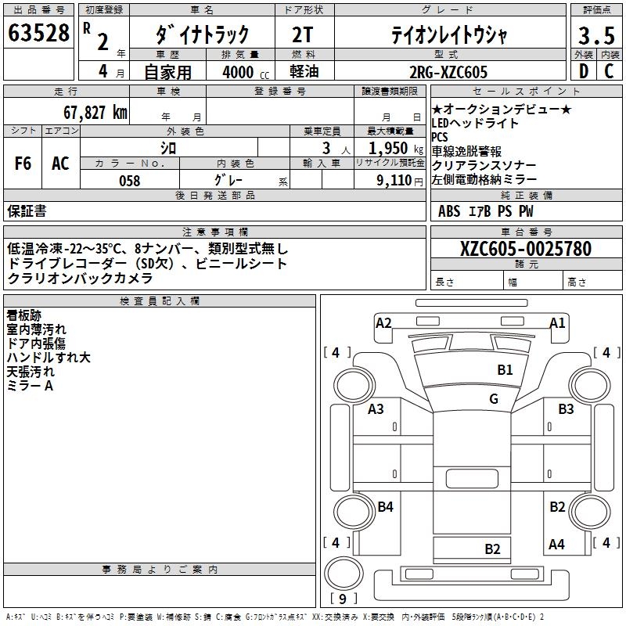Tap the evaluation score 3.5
595,36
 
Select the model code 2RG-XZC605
449,72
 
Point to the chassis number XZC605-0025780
525,249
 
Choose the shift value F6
23,164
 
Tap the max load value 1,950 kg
390,148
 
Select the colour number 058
129,181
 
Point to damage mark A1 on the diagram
557,322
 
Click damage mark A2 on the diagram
383,322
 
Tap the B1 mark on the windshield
505,369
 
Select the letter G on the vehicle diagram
493,398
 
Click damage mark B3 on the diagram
566,408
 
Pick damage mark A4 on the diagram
556,544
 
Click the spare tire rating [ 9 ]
343,599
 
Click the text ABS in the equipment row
449,210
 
